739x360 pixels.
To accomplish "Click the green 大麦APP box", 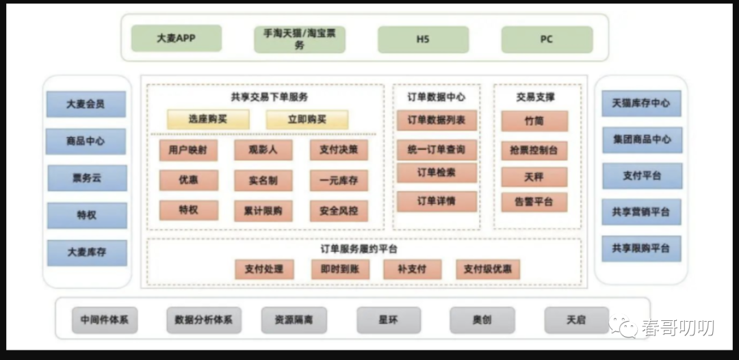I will point(177,39).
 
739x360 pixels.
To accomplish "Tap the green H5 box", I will point(423,40).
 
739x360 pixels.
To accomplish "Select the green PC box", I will point(546,40).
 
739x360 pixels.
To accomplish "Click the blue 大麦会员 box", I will point(86,104).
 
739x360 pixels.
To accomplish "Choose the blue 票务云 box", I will point(86,178).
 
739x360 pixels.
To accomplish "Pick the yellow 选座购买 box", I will point(208,119).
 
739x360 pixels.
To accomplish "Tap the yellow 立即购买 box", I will point(307,119).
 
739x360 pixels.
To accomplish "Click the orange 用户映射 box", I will point(188,150).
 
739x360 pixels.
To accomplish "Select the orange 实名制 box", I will point(263,180).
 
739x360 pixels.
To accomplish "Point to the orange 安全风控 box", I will point(338,210).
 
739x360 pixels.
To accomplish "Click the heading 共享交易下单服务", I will point(269,97).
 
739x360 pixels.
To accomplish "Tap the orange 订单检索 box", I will point(437,172).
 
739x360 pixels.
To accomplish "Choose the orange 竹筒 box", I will point(534,121).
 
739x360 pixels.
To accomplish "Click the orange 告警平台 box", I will point(534,202).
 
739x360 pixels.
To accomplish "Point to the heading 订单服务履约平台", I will point(359,248).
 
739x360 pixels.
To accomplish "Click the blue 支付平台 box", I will point(641,176).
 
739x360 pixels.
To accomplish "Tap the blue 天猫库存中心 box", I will point(641,103).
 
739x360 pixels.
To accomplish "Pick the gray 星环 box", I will point(387,320).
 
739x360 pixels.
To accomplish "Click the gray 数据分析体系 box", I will point(203,320).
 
